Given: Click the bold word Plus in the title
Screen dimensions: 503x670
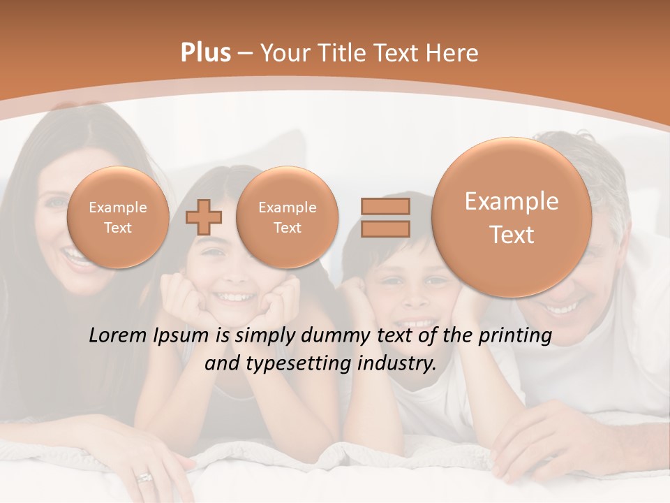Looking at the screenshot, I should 205,53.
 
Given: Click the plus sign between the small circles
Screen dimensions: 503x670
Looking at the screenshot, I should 203,217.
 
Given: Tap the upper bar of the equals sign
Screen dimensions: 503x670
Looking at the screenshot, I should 385,206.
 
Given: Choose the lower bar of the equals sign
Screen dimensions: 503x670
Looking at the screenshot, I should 385,228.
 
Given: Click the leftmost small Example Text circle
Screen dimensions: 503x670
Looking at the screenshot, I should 118,217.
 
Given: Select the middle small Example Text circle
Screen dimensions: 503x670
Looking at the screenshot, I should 287,217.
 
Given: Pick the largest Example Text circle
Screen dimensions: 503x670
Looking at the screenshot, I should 512,217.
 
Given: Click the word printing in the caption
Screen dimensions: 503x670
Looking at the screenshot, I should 515,336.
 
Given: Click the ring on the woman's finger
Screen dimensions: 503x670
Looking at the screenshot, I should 144,477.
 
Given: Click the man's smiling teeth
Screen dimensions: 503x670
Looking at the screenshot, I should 563,307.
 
